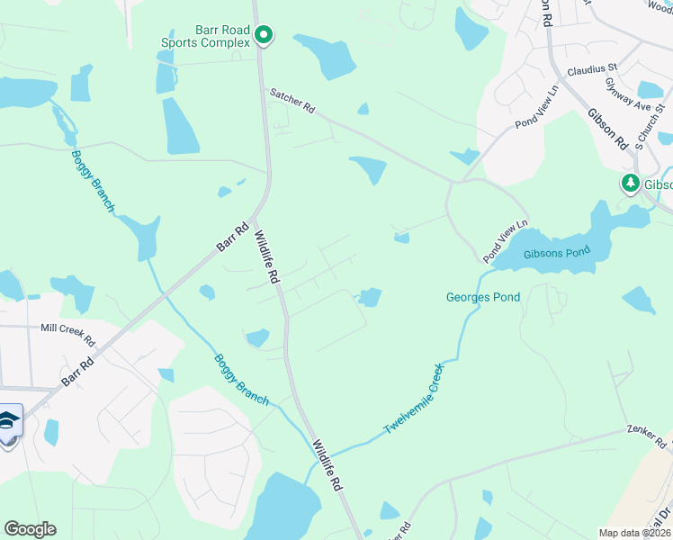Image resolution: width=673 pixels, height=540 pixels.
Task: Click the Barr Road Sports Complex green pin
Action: pyautogui.click(x=264, y=36)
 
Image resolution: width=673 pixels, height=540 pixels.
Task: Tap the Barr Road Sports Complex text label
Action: pyautogui.click(x=205, y=35)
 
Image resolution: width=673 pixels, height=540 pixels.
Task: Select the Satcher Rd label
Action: pyautogui.click(x=293, y=99)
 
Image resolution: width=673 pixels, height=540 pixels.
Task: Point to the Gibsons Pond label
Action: pyautogui.click(x=558, y=253)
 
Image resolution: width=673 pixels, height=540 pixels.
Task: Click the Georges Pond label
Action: pyautogui.click(x=483, y=297)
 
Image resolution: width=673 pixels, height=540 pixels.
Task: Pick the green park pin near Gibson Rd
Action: pyautogui.click(x=631, y=184)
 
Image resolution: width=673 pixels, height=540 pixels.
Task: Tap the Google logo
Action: pyautogui.click(x=30, y=529)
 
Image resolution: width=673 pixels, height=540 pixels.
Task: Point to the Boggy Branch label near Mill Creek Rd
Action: pyautogui.click(x=241, y=379)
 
